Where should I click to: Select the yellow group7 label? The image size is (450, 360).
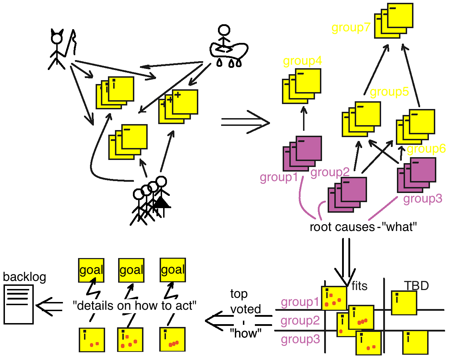pyautogui.click(x=351, y=27)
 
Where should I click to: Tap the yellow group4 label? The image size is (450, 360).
pyautogui.click(x=302, y=61)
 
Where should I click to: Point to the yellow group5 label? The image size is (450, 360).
pyautogui.click(x=389, y=92)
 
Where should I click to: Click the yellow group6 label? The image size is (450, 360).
pyautogui.click(x=426, y=149)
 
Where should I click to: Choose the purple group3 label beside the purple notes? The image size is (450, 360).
pyautogui.click(x=423, y=199)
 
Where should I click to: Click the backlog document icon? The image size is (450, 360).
pyautogui.click(x=18, y=304)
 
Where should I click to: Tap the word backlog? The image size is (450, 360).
pyautogui.click(x=24, y=277)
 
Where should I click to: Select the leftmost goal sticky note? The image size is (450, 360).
pyautogui.click(x=91, y=270)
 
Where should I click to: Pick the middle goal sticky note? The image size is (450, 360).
pyautogui.click(x=131, y=270)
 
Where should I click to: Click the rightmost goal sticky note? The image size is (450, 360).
pyautogui.click(x=173, y=270)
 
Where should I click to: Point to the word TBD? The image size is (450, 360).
pyautogui.click(x=416, y=285)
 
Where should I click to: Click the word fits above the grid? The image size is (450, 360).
pyautogui.click(x=359, y=286)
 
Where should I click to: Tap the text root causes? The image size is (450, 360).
pyautogui.click(x=342, y=227)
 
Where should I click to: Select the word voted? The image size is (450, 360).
pyautogui.click(x=245, y=309)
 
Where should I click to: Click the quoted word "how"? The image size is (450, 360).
pyautogui.click(x=246, y=333)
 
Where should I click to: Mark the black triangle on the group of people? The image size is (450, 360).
pyautogui.click(x=161, y=202)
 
